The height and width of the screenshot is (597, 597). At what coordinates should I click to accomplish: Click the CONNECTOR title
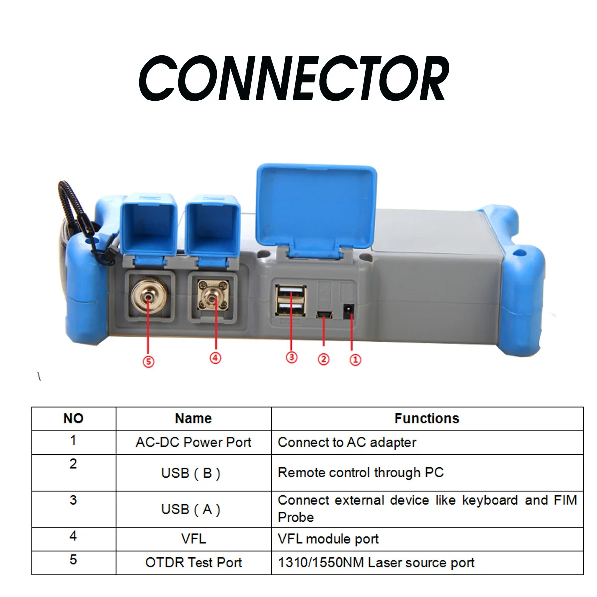(x=294, y=79)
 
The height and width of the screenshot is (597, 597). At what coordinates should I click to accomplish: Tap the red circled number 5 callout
(x=148, y=362)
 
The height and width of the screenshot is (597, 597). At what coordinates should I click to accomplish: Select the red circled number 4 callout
(x=215, y=358)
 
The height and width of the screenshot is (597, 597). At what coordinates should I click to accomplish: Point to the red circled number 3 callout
(x=291, y=357)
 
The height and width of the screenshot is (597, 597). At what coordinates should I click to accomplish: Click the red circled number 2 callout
(x=324, y=359)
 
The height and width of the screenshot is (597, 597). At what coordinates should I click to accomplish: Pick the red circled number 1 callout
(x=355, y=360)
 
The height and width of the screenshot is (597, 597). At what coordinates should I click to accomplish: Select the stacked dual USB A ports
(x=291, y=300)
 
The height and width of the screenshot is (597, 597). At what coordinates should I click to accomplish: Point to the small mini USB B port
(x=324, y=315)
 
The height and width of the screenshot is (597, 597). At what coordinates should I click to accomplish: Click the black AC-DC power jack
(x=349, y=311)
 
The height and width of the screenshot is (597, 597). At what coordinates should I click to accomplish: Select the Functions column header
(x=426, y=418)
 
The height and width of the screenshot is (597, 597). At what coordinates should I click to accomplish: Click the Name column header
(x=194, y=418)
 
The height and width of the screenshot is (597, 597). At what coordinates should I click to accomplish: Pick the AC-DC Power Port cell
(x=194, y=442)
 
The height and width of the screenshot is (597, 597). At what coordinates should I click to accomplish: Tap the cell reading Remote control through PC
(x=427, y=473)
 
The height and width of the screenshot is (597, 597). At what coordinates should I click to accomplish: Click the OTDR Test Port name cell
(x=194, y=563)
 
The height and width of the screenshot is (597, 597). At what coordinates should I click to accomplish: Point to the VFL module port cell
(x=427, y=539)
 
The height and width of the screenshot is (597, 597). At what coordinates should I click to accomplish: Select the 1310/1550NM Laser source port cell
(x=427, y=563)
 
